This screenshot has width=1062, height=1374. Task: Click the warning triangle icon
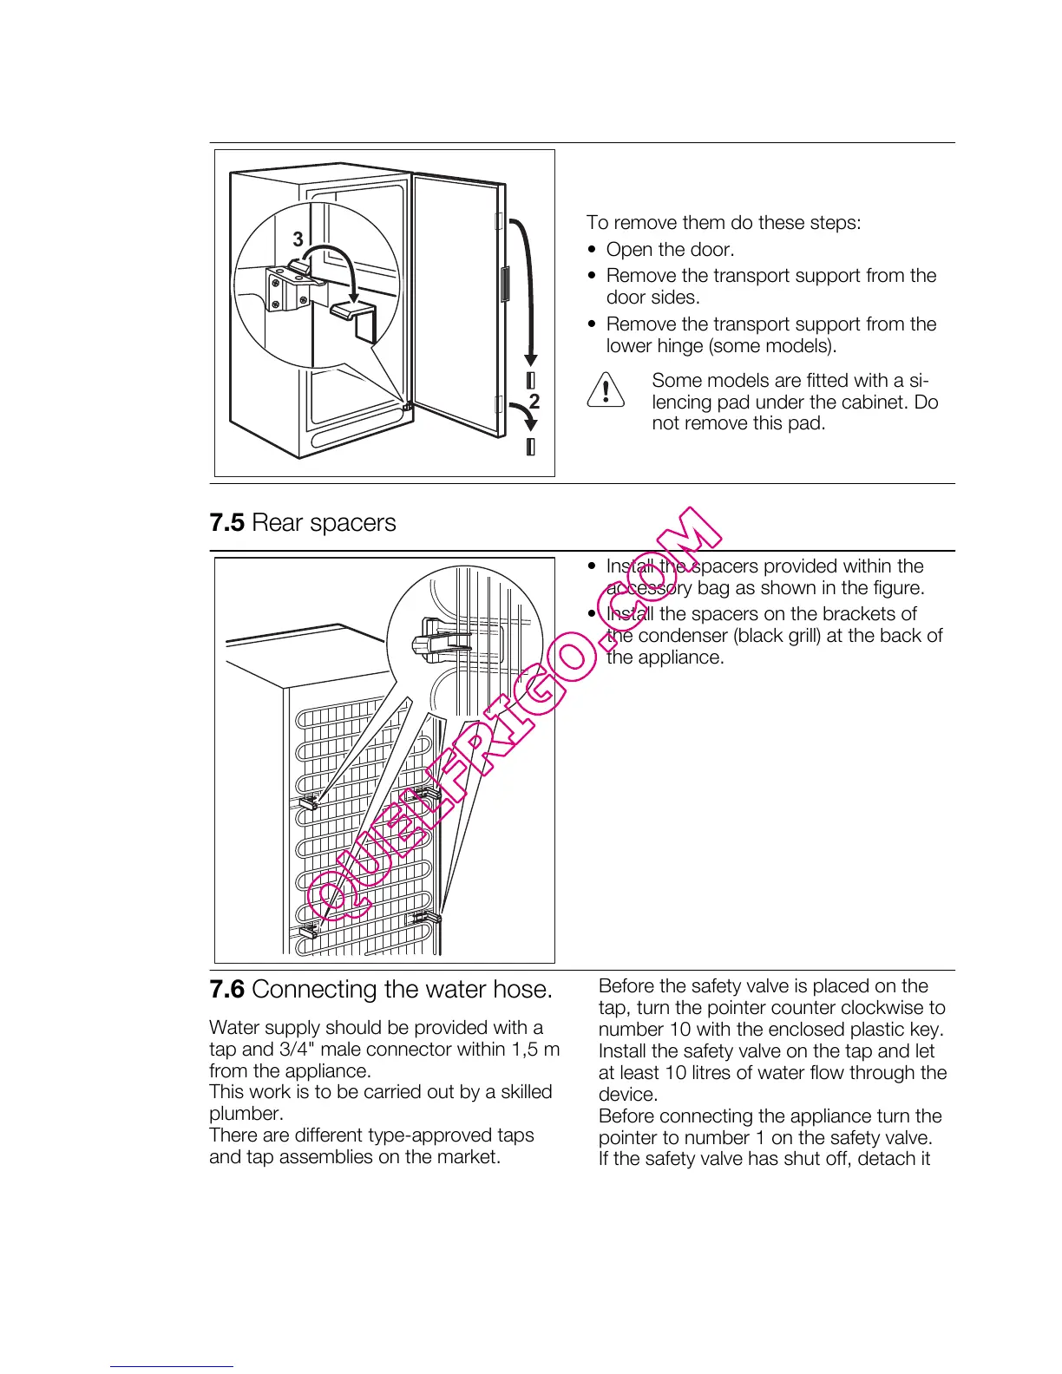click(606, 389)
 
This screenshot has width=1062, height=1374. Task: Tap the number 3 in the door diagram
click(298, 239)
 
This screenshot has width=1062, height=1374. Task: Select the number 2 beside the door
click(534, 401)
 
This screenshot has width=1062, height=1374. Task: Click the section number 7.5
click(227, 523)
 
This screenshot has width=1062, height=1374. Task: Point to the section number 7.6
click(227, 990)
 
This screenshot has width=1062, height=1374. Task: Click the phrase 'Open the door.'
click(670, 250)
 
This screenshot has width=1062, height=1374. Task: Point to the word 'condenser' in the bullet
click(683, 636)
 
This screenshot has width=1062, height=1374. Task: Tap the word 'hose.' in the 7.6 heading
click(521, 990)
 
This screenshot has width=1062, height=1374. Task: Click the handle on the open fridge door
click(505, 284)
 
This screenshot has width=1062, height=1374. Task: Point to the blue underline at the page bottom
click(171, 1366)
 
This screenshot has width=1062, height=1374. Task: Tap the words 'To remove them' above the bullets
click(656, 223)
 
